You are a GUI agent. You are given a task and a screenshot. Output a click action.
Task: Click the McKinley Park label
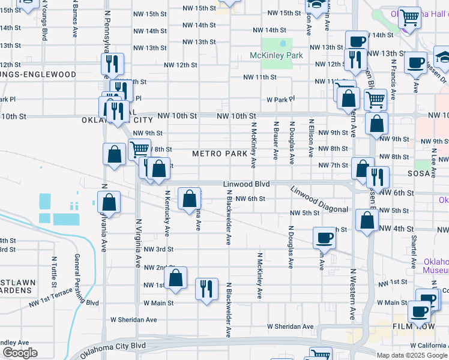tap(277, 55)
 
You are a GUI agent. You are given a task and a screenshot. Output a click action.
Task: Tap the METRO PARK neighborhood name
tap(220, 154)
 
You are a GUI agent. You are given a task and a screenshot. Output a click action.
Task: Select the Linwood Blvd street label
tap(246, 184)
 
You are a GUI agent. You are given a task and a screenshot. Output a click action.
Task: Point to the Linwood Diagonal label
tap(319, 199)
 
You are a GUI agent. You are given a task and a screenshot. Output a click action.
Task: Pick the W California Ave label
tap(425, 345)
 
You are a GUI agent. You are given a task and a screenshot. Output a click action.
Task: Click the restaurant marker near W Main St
tap(206, 289)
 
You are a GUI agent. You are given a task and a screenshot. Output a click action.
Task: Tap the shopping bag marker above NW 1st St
tap(175, 278)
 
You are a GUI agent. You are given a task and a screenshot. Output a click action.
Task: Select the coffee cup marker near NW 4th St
tap(325, 238)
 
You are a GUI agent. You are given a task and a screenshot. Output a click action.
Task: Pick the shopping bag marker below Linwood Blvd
tap(189, 197)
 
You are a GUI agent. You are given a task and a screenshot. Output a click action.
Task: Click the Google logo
tap(19, 353)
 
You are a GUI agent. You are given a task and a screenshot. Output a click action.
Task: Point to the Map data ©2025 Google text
tap(412, 355)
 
